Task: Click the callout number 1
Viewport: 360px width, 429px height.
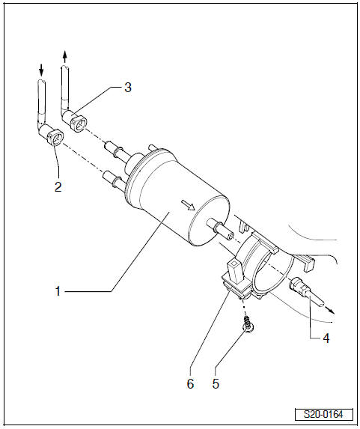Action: (x=58, y=291)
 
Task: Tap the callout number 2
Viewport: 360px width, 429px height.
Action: (x=58, y=187)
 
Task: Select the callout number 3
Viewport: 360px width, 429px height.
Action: (x=128, y=88)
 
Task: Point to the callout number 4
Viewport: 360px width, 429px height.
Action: (x=326, y=338)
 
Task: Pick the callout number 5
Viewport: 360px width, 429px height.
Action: (x=216, y=383)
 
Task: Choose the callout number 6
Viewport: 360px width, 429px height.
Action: (x=190, y=383)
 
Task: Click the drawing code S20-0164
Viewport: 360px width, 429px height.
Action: (x=323, y=414)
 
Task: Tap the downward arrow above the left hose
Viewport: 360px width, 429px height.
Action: (x=41, y=70)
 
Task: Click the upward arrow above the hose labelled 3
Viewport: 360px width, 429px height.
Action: (x=64, y=57)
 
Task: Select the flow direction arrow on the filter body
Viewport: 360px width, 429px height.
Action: (x=188, y=204)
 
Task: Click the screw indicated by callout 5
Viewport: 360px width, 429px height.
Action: (x=248, y=323)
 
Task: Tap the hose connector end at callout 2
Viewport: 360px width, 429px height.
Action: (x=55, y=139)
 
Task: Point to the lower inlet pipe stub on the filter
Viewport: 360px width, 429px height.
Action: (x=115, y=180)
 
